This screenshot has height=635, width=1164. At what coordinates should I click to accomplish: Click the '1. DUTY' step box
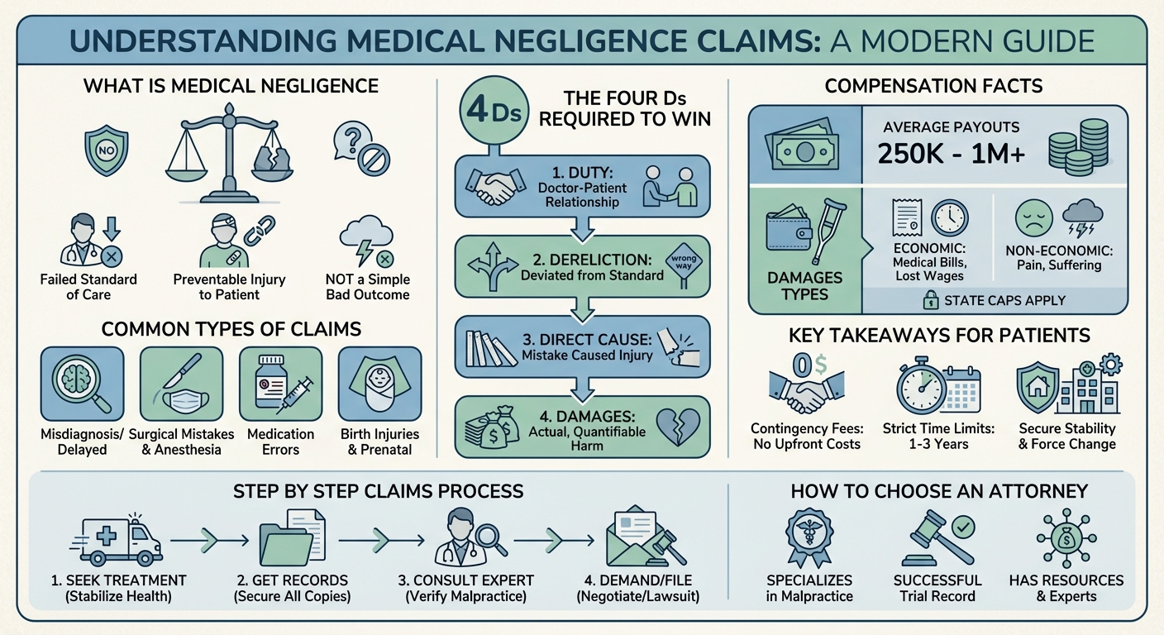pyautogui.click(x=582, y=187)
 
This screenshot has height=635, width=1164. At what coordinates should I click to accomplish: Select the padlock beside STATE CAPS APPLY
pyautogui.click(x=929, y=300)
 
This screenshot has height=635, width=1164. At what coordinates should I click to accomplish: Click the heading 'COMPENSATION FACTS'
pyautogui.click(x=934, y=86)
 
